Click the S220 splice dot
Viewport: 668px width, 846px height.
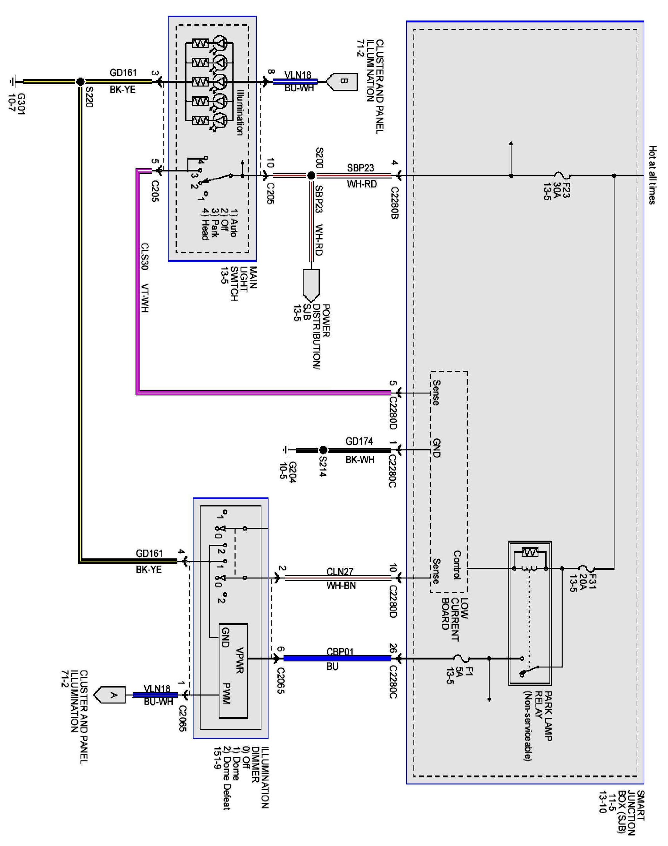[x=80, y=82]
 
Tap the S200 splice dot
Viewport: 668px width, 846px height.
[x=311, y=176]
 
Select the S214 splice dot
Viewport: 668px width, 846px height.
[x=323, y=450]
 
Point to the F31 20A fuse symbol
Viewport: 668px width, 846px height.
[x=587, y=568]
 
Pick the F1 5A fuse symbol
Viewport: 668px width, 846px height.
[x=462, y=659]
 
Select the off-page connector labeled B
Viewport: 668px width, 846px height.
[x=342, y=81]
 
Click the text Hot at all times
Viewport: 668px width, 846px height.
[x=652, y=175]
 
